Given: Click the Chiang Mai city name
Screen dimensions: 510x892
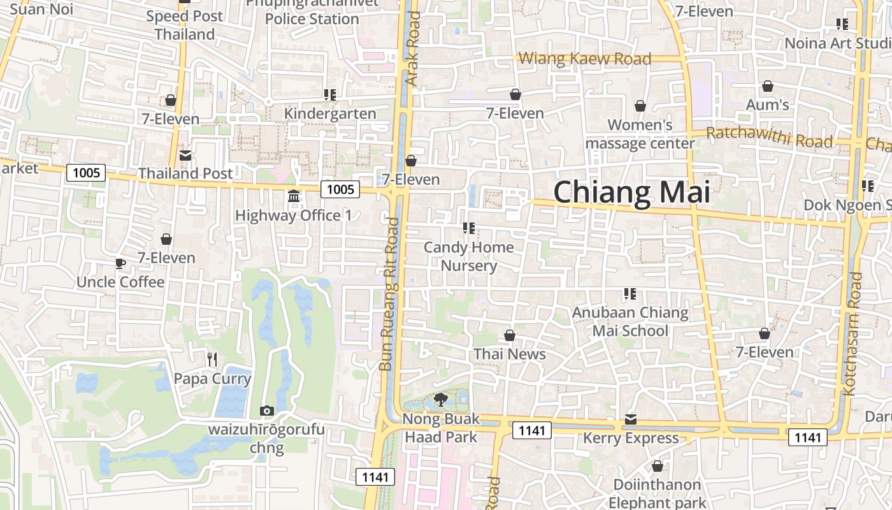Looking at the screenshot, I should coord(631,192).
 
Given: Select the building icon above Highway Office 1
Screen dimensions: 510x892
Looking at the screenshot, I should coord(294,196).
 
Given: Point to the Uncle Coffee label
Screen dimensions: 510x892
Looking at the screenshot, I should coord(120,282).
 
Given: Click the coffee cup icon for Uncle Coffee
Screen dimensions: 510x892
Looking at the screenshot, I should coord(120,263).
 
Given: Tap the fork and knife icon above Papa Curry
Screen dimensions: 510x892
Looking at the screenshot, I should coord(212,360).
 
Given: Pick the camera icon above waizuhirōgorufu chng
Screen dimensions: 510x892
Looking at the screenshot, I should coord(267,411).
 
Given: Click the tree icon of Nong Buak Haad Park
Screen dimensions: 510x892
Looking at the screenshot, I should coord(440,400).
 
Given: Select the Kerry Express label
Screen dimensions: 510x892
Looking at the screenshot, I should coord(631,438).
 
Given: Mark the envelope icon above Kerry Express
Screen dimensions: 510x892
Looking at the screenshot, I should coord(631,419).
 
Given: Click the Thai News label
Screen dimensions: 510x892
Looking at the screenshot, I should coord(510,354).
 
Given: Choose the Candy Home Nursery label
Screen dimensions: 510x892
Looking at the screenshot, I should coord(469,256).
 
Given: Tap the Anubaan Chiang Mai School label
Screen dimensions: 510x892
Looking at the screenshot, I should coord(630,321).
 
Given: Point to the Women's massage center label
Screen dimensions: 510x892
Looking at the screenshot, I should coord(640,134).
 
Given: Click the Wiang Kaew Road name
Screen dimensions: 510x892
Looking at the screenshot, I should coord(585,59).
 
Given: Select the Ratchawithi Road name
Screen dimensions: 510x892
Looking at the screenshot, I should coord(770,137).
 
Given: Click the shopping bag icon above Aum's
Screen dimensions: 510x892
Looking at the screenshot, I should coord(768,86).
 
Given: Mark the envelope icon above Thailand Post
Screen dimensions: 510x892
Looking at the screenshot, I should coord(185,155).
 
